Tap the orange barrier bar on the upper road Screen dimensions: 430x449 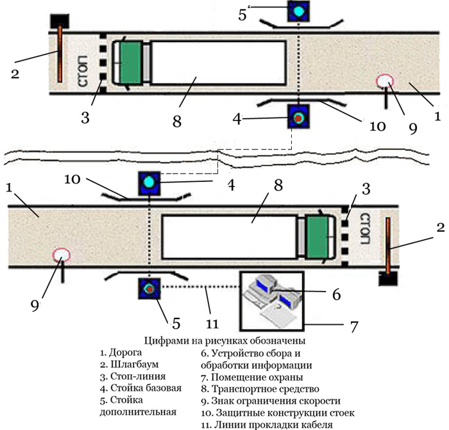point(59,54)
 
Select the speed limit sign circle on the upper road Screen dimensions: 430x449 point(385,82)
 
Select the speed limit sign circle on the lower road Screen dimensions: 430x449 point(62,256)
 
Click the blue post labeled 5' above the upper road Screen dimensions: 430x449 point(298,11)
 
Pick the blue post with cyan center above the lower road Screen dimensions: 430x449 point(149,182)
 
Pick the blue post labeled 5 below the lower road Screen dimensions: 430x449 point(149,288)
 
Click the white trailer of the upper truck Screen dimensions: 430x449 point(218,63)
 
